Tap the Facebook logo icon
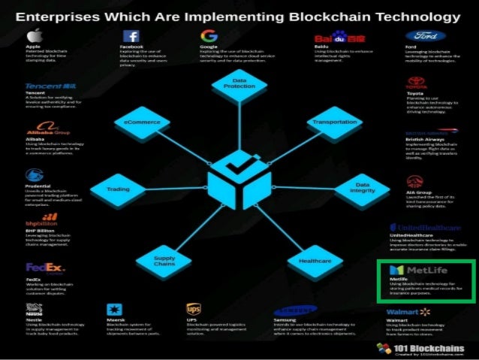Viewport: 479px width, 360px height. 131,36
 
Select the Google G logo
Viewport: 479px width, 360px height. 209,36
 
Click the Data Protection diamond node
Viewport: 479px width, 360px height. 239,86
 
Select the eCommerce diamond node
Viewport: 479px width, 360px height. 137,123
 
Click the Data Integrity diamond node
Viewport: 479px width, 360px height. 362,189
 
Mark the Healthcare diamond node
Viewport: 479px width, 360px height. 315,262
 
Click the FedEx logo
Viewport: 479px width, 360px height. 44,267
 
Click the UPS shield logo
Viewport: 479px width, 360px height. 193,308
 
